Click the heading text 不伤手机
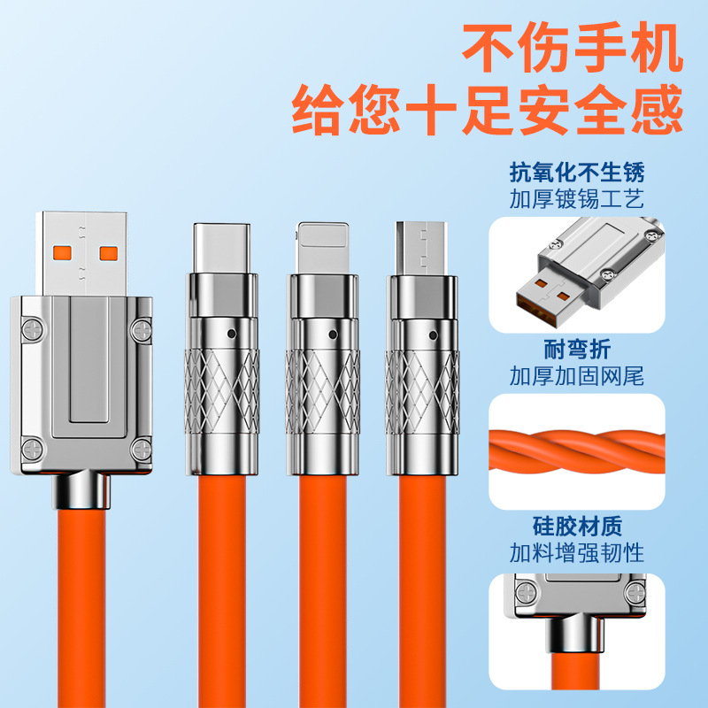pos(573,49)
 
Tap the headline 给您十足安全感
pos(488,110)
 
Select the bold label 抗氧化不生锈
pos(577,173)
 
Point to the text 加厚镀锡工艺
pos(577,199)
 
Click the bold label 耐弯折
pos(577,350)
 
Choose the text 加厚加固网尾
pos(577,376)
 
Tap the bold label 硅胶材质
pos(577,526)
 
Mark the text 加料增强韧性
pos(577,552)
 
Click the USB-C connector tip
pos(222,248)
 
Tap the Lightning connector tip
pos(322,248)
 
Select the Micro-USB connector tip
pos(422,248)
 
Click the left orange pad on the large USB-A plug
pos(62,254)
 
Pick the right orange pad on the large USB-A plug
pos(109,254)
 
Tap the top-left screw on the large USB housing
pos(33,329)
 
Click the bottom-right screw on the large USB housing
pos(142,450)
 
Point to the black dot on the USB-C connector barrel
pos(232,335)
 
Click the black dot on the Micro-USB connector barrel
pos(433,335)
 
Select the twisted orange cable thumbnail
pos(577,451)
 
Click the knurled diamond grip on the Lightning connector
pos(323,392)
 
